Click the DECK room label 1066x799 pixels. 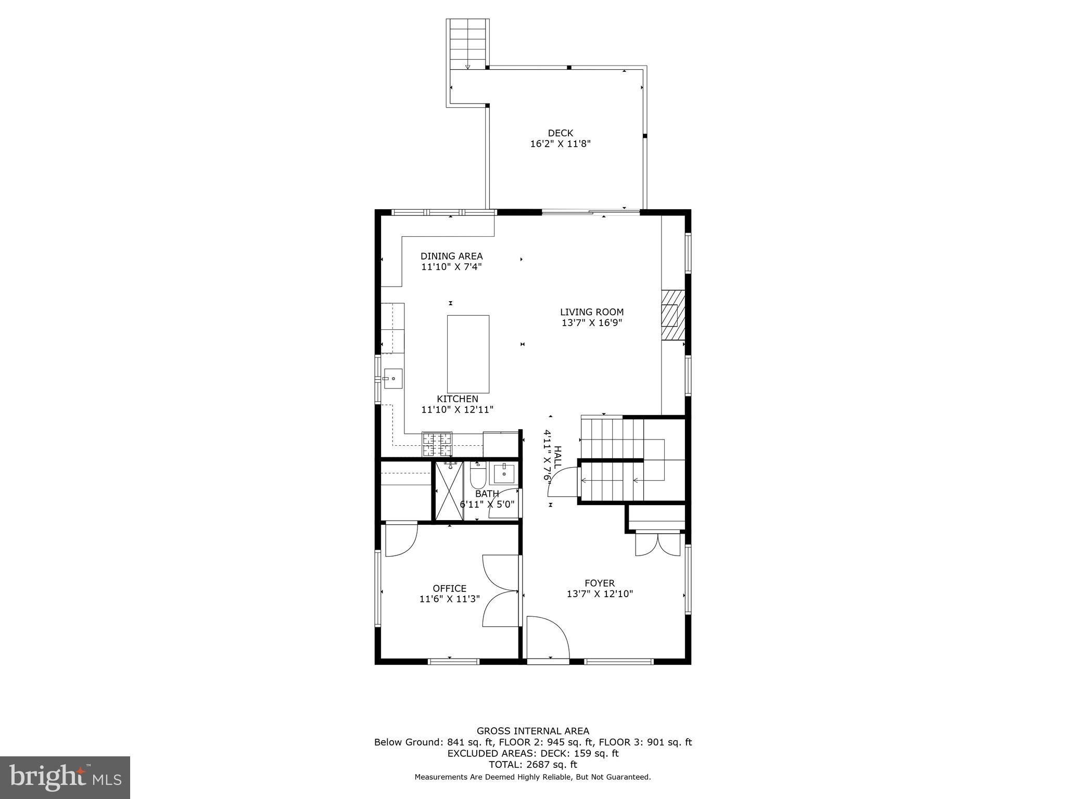tap(560, 133)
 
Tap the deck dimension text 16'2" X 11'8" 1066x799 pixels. tap(560, 144)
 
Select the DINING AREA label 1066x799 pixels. tap(451, 256)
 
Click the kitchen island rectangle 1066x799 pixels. tap(468, 354)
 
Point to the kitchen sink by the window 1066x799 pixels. tap(392, 379)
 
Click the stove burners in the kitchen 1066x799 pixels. tap(437, 444)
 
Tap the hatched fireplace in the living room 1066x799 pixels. tap(672, 315)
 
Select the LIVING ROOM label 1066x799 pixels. tap(591, 312)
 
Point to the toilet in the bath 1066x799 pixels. tap(477, 474)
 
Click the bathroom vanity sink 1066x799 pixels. tap(504, 474)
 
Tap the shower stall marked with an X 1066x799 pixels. tap(449, 491)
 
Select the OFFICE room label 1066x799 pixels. tap(450, 588)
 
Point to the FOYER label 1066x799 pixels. tap(599, 583)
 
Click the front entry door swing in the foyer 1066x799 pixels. tap(547, 637)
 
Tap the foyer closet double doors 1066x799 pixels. tap(657, 545)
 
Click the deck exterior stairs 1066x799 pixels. tap(468, 44)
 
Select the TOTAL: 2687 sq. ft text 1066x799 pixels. tap(532, 765)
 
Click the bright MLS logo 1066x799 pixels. tap(65, 777)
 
